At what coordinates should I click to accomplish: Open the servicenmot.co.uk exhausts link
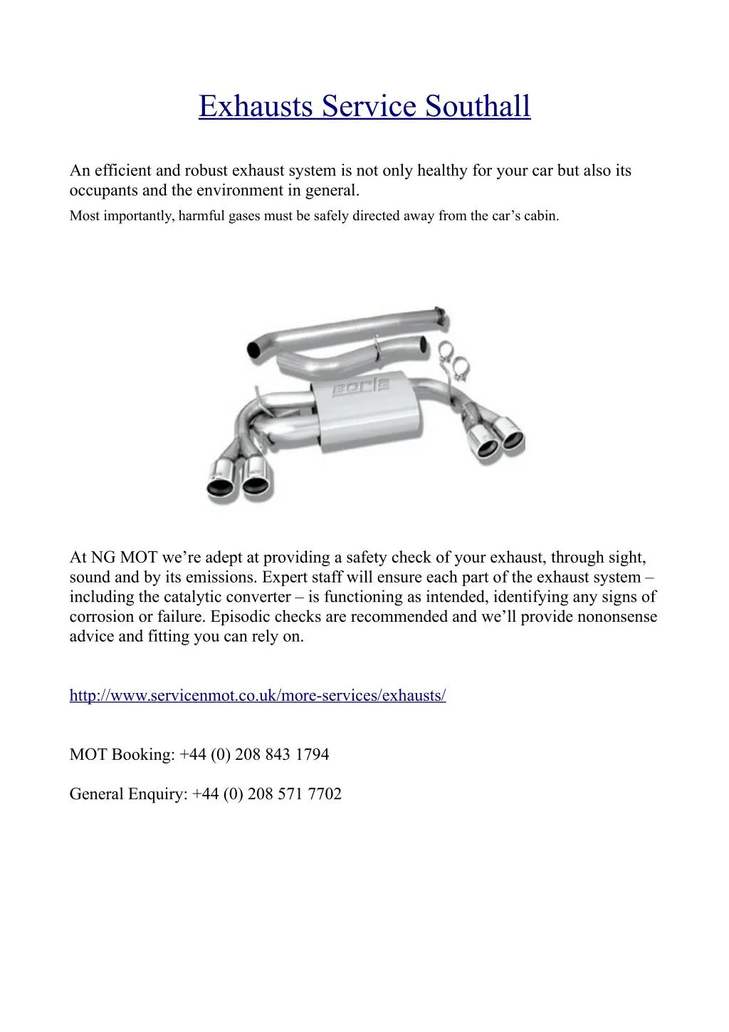(x=258, y=695)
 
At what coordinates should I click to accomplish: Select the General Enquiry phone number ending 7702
(x=267, y=794)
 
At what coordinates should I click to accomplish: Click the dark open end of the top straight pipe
(x=253, y=349)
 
